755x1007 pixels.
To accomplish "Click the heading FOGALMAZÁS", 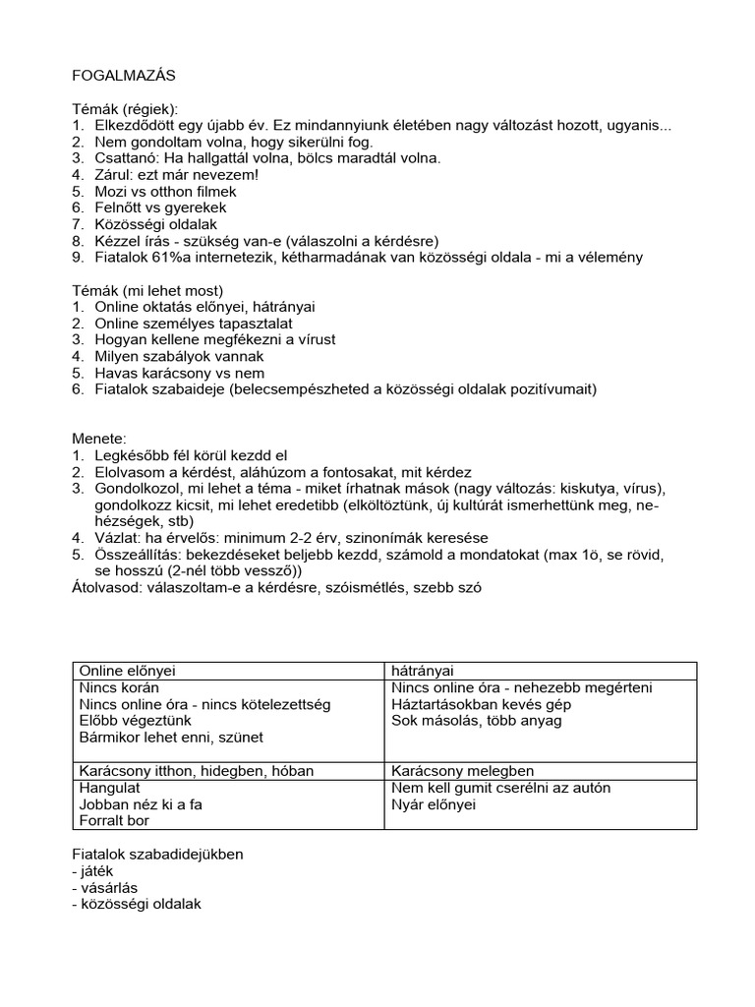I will (124, 76).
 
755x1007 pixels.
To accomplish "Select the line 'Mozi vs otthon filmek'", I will (165, 192).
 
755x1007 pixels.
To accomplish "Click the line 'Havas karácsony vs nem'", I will (179, 374).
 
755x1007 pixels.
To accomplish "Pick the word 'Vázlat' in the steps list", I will (118, 539).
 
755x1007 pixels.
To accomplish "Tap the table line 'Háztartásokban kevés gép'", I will (481, 705).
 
